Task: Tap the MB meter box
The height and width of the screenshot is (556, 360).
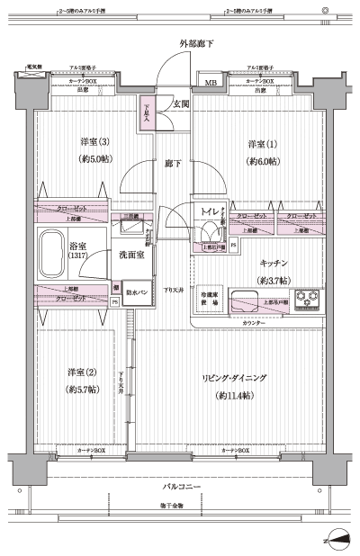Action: coord(210,85)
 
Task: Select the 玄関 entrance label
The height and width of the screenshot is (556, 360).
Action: coord(180,104)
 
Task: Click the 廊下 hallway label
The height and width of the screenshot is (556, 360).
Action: coord(173,164)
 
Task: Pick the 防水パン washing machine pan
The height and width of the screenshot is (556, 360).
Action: coord(138,291)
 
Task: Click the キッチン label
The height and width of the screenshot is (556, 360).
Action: coord(274,264)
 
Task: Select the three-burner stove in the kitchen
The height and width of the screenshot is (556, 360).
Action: coord(308,296)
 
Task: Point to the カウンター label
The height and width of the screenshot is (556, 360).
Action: coord(254,321)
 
